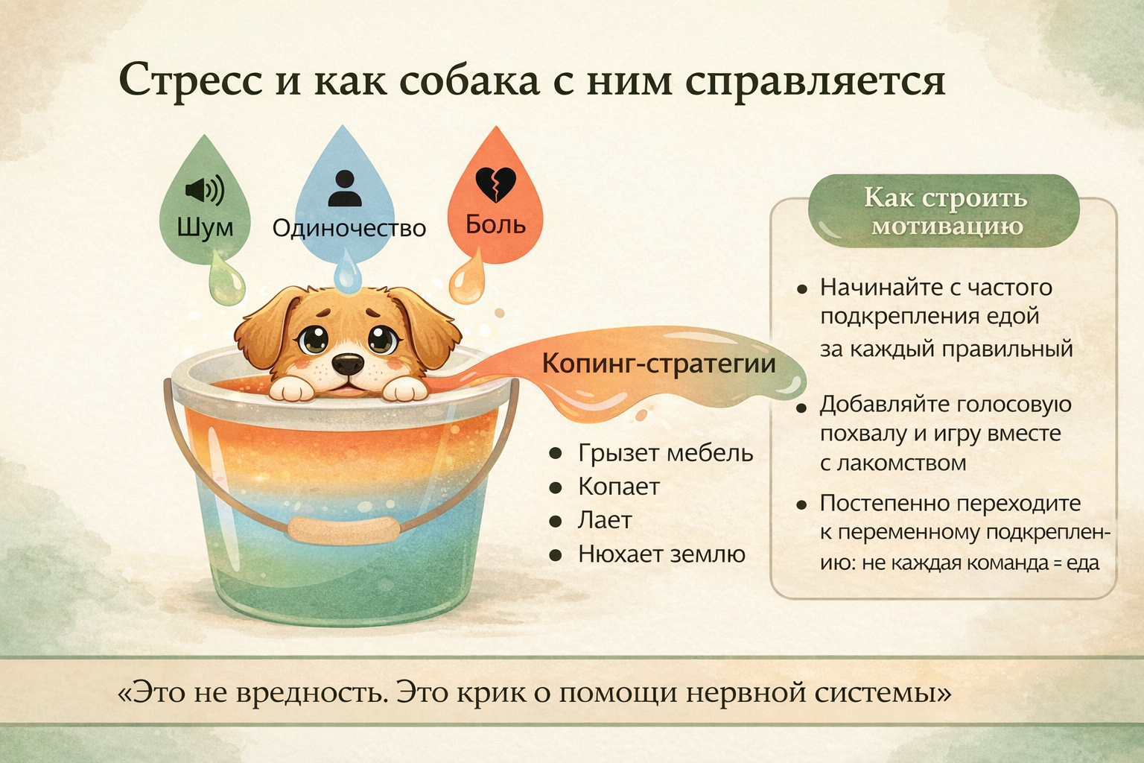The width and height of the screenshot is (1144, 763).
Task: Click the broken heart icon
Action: click(495, 184)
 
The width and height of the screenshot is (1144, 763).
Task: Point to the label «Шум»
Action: click(206, 227)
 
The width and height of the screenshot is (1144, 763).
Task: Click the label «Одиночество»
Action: click(349, 228)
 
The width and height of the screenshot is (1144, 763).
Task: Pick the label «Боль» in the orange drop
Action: click(495, 224)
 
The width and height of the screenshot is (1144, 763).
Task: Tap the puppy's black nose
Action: click(348, 364)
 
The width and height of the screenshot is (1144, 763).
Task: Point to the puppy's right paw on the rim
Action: click(405, 390)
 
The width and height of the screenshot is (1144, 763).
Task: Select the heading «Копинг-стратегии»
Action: click(659, 364)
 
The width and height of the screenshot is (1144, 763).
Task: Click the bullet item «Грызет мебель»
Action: click(665, 453)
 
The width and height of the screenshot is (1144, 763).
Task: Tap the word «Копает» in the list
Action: click(619, 487)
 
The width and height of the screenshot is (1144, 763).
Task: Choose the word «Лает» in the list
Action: click(605, 520)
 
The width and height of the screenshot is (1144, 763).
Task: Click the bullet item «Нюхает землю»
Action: click(661, 554)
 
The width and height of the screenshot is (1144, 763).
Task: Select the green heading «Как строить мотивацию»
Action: click(945, 211)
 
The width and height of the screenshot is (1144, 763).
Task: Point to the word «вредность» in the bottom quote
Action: click(311, 693)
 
